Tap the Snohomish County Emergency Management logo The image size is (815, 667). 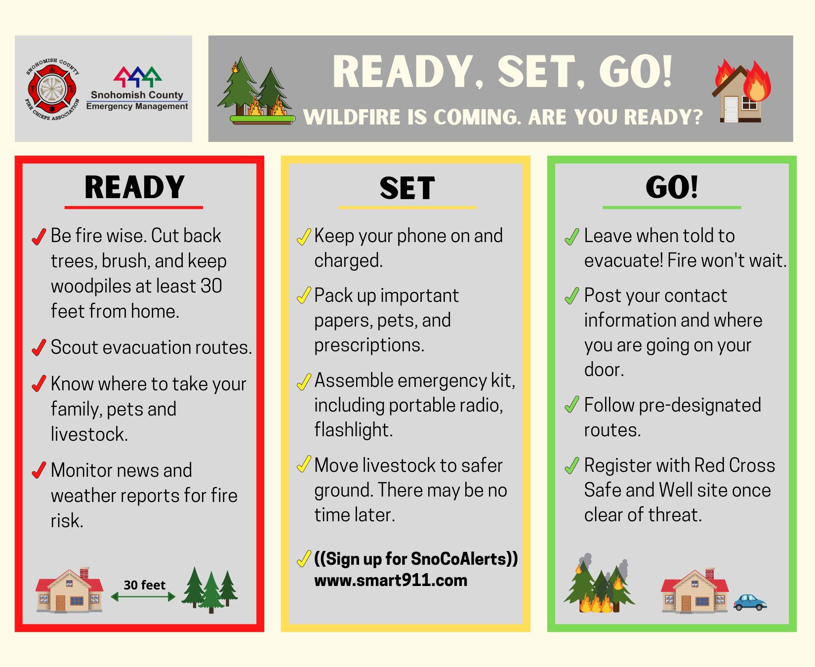137,88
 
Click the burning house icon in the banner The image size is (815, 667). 741,91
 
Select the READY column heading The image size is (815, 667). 134,187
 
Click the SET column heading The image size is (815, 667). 407,188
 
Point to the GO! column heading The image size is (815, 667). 672,187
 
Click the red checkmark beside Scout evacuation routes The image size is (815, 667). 39,347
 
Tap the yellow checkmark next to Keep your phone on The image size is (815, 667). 304,237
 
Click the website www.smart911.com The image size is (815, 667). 391,580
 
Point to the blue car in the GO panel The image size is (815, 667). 750,602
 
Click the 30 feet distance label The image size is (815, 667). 144,585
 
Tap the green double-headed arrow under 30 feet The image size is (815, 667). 143,597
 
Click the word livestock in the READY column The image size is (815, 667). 89,434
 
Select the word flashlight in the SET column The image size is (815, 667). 354,430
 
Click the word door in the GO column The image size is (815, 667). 604,370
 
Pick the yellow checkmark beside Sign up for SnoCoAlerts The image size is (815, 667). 304,559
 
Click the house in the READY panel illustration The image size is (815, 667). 69,590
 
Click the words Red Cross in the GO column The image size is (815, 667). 734,465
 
